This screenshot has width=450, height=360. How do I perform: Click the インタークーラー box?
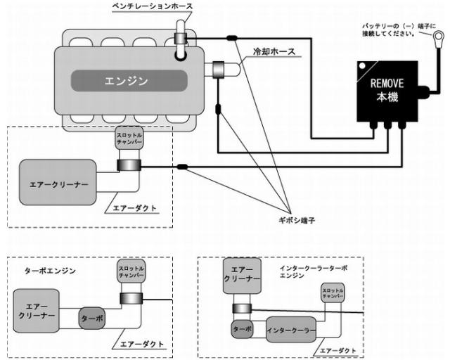(290, 330)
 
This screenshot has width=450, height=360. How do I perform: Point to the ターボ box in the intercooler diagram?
(241, 328)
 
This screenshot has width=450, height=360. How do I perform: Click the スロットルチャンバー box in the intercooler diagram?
(333, 293)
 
